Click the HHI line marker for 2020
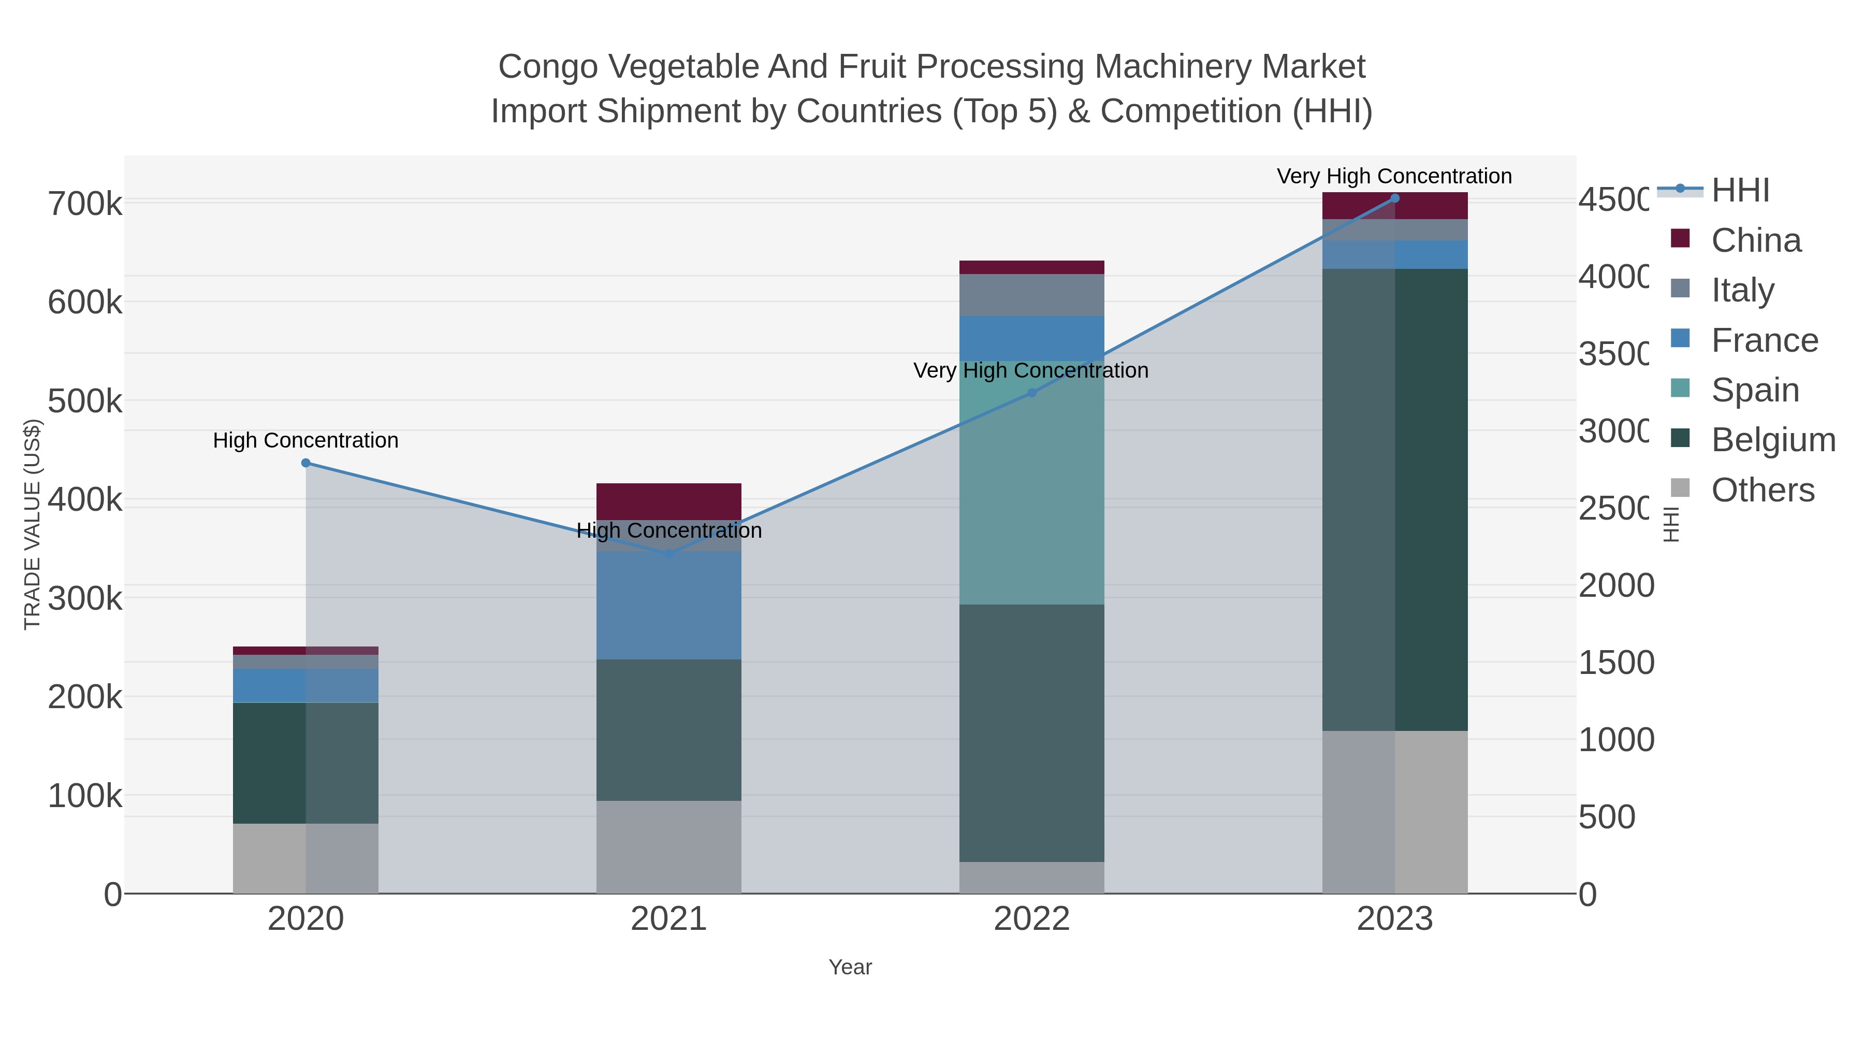point(305,463)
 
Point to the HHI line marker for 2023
point(1395,198)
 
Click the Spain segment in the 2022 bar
point(1032,483)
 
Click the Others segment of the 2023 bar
point(1395,812)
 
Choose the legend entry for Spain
point(1754,390)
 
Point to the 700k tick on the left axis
point(85,205)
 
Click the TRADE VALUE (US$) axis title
point(33,524)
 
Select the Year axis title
point(850,967)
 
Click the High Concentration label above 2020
point(305,440)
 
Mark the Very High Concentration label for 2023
point(1394,177)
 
